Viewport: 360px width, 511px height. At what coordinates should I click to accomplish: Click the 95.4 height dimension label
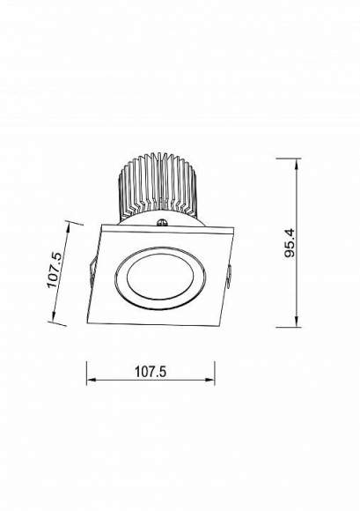290,243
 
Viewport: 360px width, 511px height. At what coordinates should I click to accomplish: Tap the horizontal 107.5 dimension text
151,372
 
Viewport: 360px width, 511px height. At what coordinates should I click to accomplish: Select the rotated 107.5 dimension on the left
54,270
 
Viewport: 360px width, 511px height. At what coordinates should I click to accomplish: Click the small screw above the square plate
161,223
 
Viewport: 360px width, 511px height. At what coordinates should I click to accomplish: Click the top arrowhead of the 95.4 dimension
297,164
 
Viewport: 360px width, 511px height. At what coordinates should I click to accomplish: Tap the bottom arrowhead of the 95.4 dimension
297,321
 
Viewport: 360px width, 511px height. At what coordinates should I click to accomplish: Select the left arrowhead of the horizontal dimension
92,380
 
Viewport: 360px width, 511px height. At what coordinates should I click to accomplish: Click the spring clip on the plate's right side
229,277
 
